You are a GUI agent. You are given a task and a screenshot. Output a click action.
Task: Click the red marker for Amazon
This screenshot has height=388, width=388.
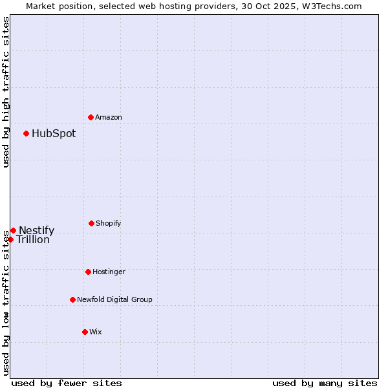click(x=91, y=117)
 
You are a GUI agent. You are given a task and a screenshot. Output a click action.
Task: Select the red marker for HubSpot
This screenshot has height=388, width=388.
click(x=26, y=133)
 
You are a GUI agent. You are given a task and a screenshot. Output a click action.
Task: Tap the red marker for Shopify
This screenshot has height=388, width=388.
click(x=91, y=223)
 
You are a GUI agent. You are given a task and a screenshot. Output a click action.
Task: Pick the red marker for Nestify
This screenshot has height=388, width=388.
click(x=13, y=230)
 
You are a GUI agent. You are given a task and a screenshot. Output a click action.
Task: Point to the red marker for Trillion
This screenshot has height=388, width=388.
click(x=10, y=239)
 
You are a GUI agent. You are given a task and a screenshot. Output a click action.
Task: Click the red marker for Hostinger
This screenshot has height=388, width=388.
click(x=88, y=272)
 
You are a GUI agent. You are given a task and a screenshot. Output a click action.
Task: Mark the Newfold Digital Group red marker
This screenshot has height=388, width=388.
click(x=72, y=299)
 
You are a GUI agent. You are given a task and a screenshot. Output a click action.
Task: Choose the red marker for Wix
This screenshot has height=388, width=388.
click(x=85, y=332)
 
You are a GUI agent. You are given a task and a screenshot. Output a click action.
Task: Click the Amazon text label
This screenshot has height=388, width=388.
click(x=109, y=117)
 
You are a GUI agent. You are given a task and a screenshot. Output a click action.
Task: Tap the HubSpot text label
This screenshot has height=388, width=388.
click(x=54, y=134)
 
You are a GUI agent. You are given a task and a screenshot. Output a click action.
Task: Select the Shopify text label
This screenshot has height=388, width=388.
click(x=109, y=223)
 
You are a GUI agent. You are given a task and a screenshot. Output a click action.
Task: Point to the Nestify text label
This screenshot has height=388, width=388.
click(x=36, y=231)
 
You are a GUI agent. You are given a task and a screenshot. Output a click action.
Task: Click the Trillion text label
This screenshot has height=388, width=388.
click(x=33, y=240)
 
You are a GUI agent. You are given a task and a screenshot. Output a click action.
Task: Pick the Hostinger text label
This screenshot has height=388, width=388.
click(x=109, y=272)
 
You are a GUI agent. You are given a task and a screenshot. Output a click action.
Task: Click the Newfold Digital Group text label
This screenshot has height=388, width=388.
click(x=114, y=299)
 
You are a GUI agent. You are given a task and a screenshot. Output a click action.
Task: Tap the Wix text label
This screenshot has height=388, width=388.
click(x=96, y=332)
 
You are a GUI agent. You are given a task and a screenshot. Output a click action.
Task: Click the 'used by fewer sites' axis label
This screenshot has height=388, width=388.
click(x=67, y=383)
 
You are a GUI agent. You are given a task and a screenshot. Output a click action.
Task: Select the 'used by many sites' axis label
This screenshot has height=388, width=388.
click(x=325, y=383)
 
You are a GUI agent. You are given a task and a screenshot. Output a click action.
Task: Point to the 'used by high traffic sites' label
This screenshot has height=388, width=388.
click(x=6, y=92)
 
